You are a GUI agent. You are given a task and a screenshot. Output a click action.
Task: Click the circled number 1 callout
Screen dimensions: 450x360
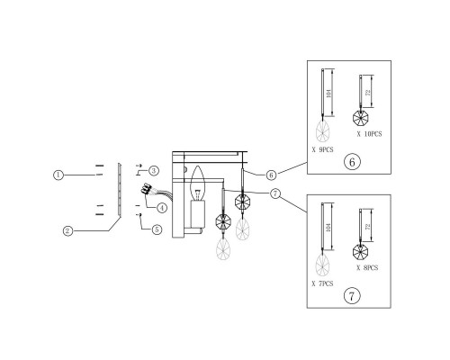(x=58, y=175)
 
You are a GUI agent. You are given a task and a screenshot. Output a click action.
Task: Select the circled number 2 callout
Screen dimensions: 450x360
(x=68, y=230)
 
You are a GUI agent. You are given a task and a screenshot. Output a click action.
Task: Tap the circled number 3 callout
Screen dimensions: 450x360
(x=154, y=171)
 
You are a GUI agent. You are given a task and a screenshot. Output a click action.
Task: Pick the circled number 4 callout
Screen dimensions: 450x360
(x=162, y=208)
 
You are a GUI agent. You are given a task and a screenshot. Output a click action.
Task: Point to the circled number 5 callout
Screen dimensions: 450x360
(x=157, y=229)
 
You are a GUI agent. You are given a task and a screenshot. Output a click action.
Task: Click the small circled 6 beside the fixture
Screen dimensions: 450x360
(x=271, y=175)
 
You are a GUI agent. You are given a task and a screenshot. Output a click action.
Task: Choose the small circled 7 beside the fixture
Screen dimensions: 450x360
(x=274, y=193)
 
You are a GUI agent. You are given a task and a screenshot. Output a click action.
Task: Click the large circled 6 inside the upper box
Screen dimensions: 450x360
(x=352, y=162)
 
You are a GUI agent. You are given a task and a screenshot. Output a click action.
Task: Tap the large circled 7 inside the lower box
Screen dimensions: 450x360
(x=352, y=296)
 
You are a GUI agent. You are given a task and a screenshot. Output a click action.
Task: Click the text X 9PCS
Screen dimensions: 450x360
(x=322, y=149)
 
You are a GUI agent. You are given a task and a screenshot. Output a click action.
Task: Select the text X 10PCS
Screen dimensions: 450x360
(x=369, y=134)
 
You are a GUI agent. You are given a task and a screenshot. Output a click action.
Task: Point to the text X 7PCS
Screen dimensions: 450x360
(x=322, y=283)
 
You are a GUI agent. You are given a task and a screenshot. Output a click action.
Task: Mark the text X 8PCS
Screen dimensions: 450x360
(x=367, y=267)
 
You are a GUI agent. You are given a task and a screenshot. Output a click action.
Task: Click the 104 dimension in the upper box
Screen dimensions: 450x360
(x=328, y=93)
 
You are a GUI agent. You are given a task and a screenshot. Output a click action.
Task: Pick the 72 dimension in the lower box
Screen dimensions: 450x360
(x=368, y=227)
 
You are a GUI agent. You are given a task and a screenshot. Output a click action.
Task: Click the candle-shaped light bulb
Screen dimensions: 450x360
(x=198, y=183)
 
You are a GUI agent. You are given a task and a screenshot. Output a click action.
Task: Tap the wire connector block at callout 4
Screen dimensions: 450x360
(x=146, y=189)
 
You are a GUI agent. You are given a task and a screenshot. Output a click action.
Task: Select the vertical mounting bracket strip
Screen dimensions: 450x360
(x=119, y=189)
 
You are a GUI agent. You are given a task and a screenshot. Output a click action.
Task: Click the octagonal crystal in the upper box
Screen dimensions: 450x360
(x=360, y=118)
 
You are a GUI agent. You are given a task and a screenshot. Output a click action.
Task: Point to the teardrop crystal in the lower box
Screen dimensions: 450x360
(x=322, y=265)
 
